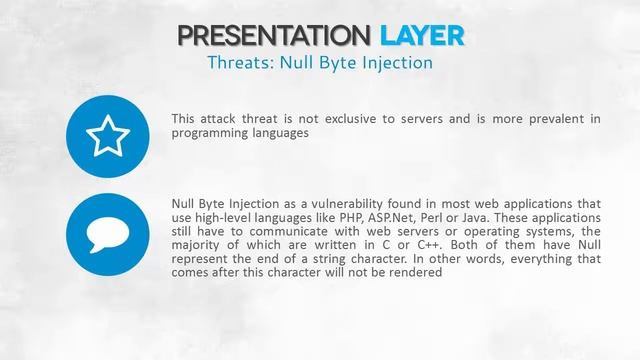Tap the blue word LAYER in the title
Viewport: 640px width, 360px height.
[x=422, y=36]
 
